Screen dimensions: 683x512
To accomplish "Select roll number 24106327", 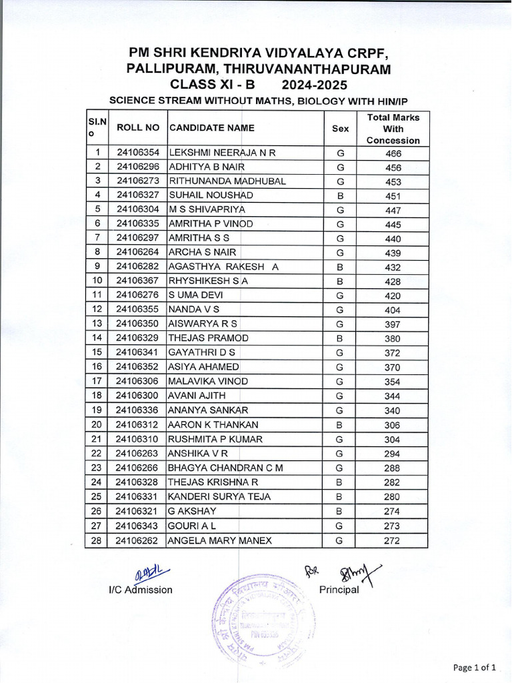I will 138,195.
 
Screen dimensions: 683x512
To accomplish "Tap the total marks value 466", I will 393,153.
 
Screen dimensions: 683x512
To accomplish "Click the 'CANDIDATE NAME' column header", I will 211,127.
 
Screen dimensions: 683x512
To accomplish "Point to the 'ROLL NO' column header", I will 138,127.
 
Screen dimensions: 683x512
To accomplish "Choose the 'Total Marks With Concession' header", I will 393,128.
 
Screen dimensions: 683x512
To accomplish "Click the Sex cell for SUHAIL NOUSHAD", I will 340,195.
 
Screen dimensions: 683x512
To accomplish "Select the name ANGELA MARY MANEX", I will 220,540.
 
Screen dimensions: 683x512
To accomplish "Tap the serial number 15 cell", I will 97,352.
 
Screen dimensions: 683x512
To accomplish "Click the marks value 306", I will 393,426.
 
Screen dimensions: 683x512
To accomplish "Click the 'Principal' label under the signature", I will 339,590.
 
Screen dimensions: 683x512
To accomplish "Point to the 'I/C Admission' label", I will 141,590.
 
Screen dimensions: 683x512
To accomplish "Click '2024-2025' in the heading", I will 314,85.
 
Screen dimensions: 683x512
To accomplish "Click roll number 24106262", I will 138,540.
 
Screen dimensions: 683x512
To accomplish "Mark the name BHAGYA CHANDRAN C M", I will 225,468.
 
